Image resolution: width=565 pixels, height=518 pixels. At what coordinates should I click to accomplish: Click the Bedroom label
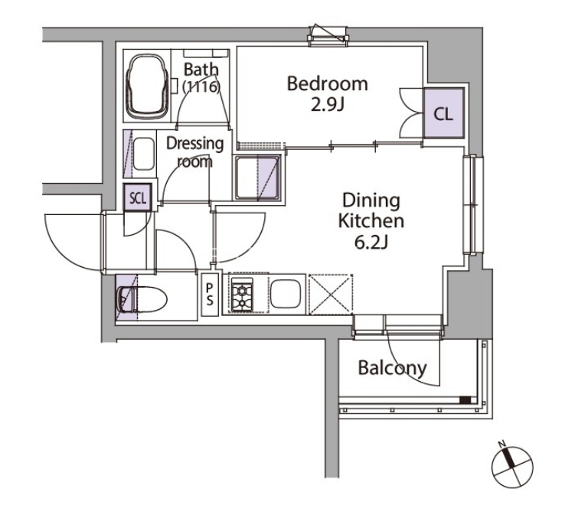click(327, 83)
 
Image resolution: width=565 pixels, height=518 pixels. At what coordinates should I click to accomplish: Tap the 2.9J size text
click(328, 105)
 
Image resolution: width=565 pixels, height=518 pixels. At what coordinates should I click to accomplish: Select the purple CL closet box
click(443, 113)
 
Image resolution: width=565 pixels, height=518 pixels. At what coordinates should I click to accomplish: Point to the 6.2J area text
click(371, 243)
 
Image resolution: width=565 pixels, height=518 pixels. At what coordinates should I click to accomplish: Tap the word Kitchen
click(371, 221)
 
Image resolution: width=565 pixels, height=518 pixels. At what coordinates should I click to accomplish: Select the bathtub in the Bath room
click(147, 86)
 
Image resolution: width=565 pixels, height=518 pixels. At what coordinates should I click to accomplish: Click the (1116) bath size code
click(201, 86)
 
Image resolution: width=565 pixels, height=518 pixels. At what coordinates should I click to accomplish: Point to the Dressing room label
click(195, 152)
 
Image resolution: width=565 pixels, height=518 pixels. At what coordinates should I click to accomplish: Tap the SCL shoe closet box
click(137, 197)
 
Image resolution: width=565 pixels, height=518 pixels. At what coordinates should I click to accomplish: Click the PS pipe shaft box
click(209, 295)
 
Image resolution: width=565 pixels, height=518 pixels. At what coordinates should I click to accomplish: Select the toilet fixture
click(142, 300)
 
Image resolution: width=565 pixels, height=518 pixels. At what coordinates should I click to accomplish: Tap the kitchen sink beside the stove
click(286, 295)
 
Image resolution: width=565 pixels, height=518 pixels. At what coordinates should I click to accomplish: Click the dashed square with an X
click(331, 295)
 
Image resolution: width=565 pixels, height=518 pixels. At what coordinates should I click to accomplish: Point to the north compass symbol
click(511, 465)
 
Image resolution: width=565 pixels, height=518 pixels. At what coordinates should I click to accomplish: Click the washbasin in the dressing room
click(144, 154)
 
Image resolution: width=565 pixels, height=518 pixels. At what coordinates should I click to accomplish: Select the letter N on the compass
click(501, 444)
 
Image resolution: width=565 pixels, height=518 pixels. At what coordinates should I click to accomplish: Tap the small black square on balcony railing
click(465, 400)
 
